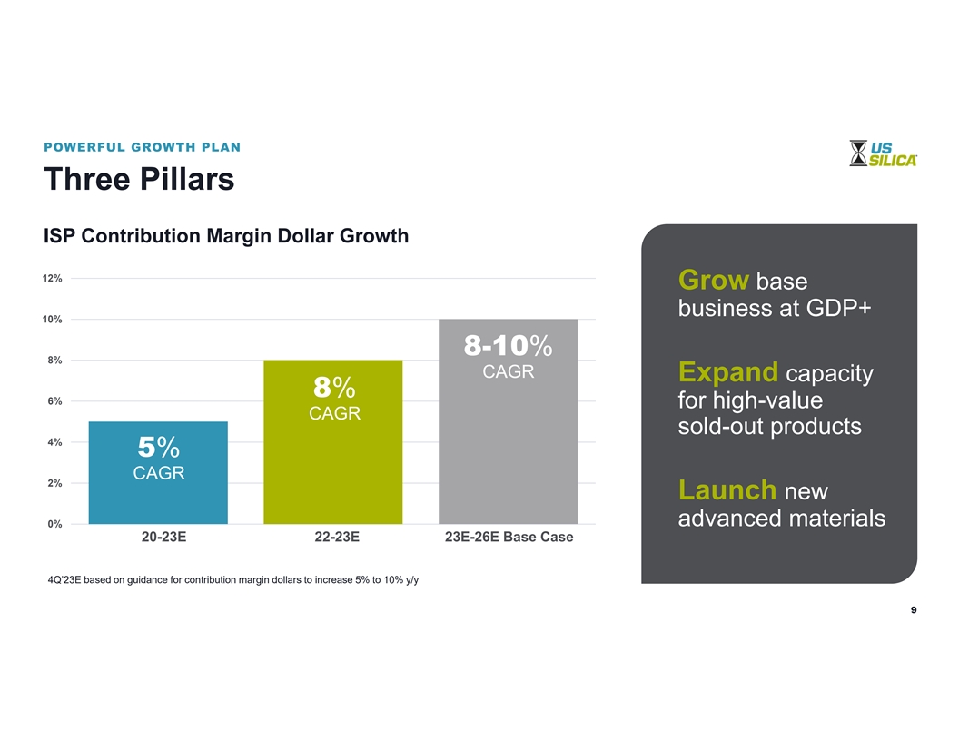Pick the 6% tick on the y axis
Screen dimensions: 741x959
click(54, 401)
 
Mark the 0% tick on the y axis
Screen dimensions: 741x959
click(54, 524)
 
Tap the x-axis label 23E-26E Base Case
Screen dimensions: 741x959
click(509, 538)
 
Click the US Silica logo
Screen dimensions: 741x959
click(883, 153)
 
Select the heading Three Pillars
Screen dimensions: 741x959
click(139, 179)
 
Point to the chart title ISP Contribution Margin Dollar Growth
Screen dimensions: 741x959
click(226, 236)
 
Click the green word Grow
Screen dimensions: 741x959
click(713, 279)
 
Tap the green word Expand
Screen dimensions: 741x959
click(727, 372)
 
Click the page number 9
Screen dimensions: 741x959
click(914, 610)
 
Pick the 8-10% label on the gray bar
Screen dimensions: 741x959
click(508, 346)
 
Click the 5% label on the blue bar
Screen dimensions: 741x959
click(159, 447)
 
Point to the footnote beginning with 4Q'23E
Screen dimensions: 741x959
click(232, 579)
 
